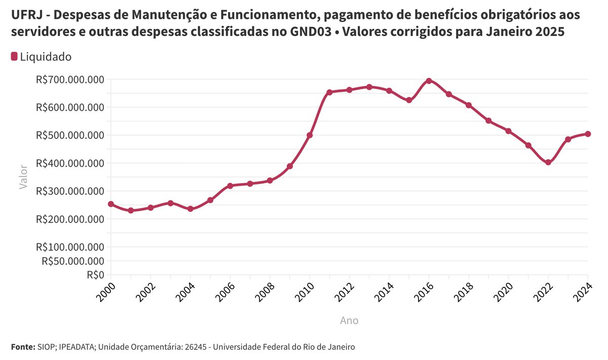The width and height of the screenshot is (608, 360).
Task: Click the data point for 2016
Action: [429, 81]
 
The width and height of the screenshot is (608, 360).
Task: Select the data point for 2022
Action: [548, 162]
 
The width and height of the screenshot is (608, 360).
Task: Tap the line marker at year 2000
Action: [111, 204]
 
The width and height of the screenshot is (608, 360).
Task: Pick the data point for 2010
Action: [310, 135]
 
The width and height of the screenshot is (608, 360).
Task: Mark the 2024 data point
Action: [588, 134]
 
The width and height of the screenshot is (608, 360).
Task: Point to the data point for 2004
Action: [191, 209]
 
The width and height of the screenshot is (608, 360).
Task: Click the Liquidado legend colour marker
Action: [14, 56]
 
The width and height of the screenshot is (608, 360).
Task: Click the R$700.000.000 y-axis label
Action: [70, 80]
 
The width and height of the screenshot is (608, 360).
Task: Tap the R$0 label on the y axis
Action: [95, 275]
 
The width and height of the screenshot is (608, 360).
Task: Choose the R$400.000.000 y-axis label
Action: [70, 163]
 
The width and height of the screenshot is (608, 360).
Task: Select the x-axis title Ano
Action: [349, 320]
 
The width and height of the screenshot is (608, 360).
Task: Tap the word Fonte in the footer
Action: [22, 347]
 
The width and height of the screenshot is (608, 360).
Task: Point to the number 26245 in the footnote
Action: [194, 347]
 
